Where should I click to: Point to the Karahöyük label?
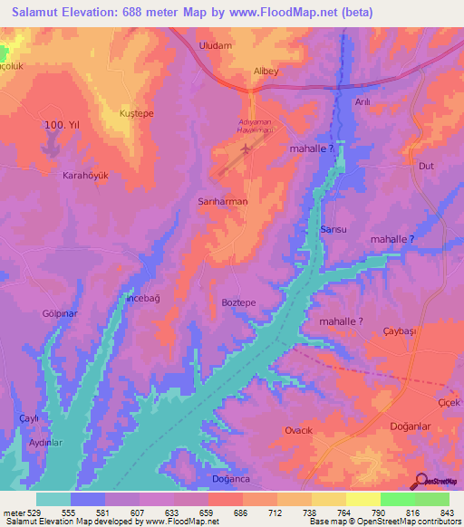85,176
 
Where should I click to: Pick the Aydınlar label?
45,443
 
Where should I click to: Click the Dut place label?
425,166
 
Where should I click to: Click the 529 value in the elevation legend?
34,513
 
